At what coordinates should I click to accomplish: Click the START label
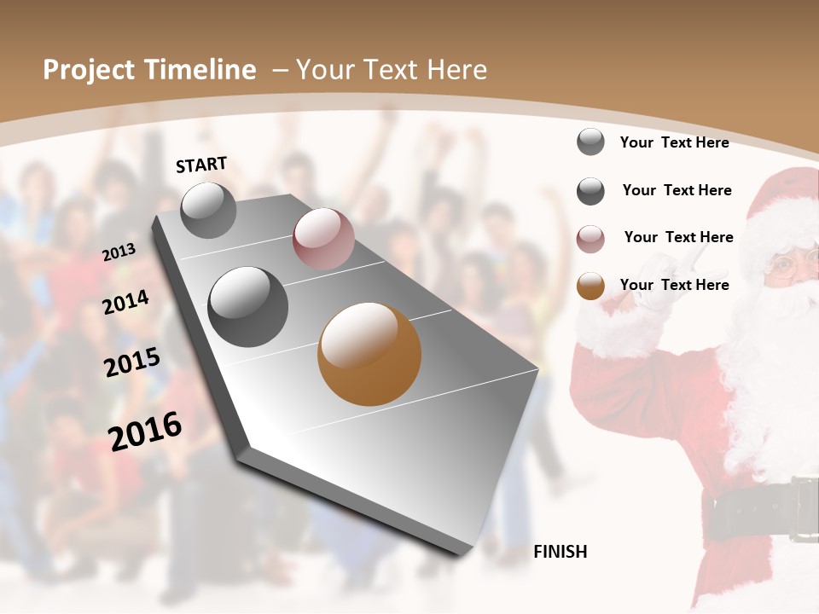(x=201, y=165)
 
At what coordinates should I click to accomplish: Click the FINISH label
(x=560, y=552)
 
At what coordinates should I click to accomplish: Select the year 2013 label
(x=119, y=252)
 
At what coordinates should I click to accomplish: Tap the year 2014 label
(x=125, y=303)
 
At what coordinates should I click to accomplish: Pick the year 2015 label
(x=131, y=362)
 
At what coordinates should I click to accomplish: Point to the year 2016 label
(x=145, y=431)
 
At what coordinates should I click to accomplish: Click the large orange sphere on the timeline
(x=369, y=354)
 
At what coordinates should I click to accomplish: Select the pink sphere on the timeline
(x=323, y=239)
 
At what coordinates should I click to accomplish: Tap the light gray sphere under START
(x=208, y=210)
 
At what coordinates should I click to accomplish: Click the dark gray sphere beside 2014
(x=248, y=307)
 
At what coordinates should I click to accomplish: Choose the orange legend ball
(x=590, y=287)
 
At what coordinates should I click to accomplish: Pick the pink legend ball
(x=590, y=239)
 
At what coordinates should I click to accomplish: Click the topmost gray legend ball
(x=590, y=142)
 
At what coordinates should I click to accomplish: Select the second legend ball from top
(x=590, y=191)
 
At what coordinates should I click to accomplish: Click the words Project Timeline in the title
(x=149, y=70)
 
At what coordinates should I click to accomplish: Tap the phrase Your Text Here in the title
(x=392, y=70)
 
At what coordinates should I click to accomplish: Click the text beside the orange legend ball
(x=674, y=285)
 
